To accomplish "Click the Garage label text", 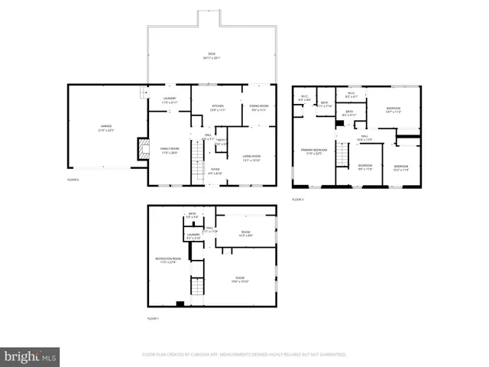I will [x=105, y=128].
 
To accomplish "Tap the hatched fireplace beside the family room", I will [x=142, y=149].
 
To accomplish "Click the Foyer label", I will [x=215, y=171].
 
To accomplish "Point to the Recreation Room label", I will [x=168, y=261].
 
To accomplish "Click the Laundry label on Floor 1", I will [x=193, y=236].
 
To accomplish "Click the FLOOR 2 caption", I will [x=73, y=180].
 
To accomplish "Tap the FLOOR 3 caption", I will [x=297, y=200].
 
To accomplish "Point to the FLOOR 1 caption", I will [x=154, y=317].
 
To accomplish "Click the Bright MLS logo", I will [x=31, y=356].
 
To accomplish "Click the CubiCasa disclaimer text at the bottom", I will [x=244, y=355].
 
